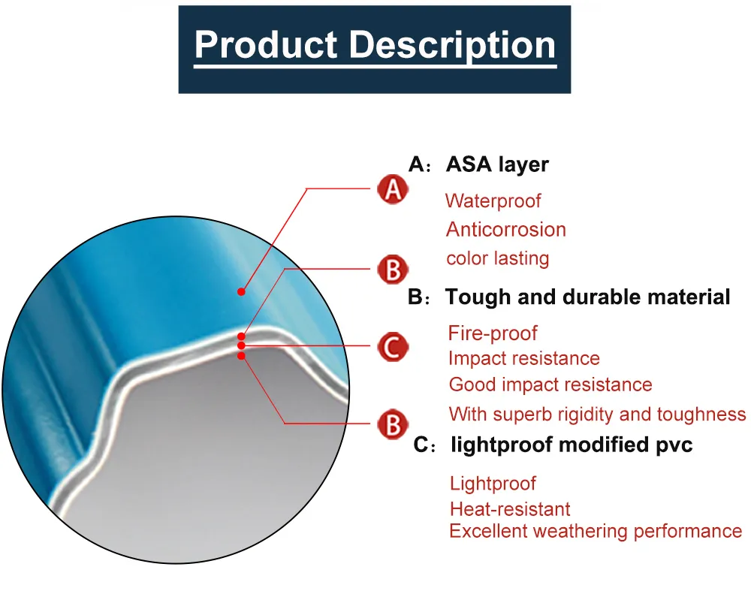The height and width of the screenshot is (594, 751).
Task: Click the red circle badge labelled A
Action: (x=392, y=190)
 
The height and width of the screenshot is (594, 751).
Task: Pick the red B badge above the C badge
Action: (x=392, y=269)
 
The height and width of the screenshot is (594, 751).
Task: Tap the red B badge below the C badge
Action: (x=392, y=424)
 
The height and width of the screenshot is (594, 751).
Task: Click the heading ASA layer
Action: (x=497, y=164)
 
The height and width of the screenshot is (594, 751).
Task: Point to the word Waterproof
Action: (x=493, y=201)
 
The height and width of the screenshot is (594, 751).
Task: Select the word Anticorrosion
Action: (x=505, y=229)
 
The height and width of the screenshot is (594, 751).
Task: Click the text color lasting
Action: (x=497, y=258)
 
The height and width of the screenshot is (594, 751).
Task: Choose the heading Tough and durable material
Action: (x=587, y=297)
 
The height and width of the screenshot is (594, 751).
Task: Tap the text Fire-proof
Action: (x=493, y=333)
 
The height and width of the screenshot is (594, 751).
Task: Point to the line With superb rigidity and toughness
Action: (x=597, y=414)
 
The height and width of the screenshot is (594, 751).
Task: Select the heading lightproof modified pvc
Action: (x=571, y=445)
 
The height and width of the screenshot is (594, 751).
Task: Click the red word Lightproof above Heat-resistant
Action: (x=493, y=483)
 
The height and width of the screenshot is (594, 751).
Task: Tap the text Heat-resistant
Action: (x=510, y=509)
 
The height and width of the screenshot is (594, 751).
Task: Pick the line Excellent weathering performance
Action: (x=595, y=531)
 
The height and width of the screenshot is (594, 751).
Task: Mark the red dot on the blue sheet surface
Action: (x=242, y=291)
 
